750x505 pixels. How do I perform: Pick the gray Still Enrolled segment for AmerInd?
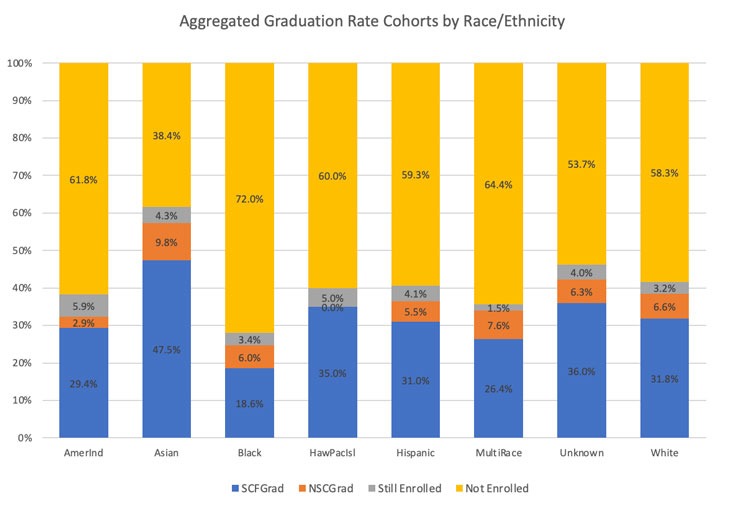[x=84, y=305]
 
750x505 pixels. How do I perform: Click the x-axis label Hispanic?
[x=416, y=453]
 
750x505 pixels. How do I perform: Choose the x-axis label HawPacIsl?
[x=333, y=453]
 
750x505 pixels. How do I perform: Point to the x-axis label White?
[x=665, y=453]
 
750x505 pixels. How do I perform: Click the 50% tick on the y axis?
[x=21, y=250]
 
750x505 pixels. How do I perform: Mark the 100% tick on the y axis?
[x=19, y=63]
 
